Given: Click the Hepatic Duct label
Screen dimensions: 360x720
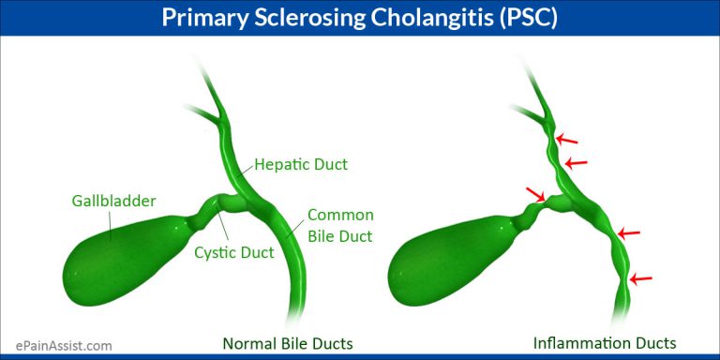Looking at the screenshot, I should click(x=302, y=165).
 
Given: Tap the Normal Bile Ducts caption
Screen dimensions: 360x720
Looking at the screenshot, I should click(x=287, y=343).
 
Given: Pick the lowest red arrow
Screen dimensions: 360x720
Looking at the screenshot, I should click(x=641, y=278).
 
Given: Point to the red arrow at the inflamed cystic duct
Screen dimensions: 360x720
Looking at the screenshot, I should click(x=536, y=194).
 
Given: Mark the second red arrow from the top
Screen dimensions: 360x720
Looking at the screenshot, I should click(x=576, y=162).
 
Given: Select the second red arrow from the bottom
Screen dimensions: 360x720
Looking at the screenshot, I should click(x=629, y=232).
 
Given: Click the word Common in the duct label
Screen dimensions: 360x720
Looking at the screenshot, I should click(x=341, y=215).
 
